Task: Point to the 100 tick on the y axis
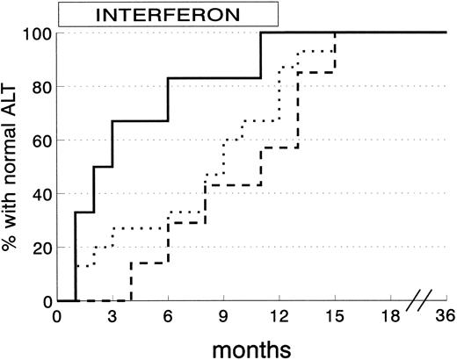(39, 33)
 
